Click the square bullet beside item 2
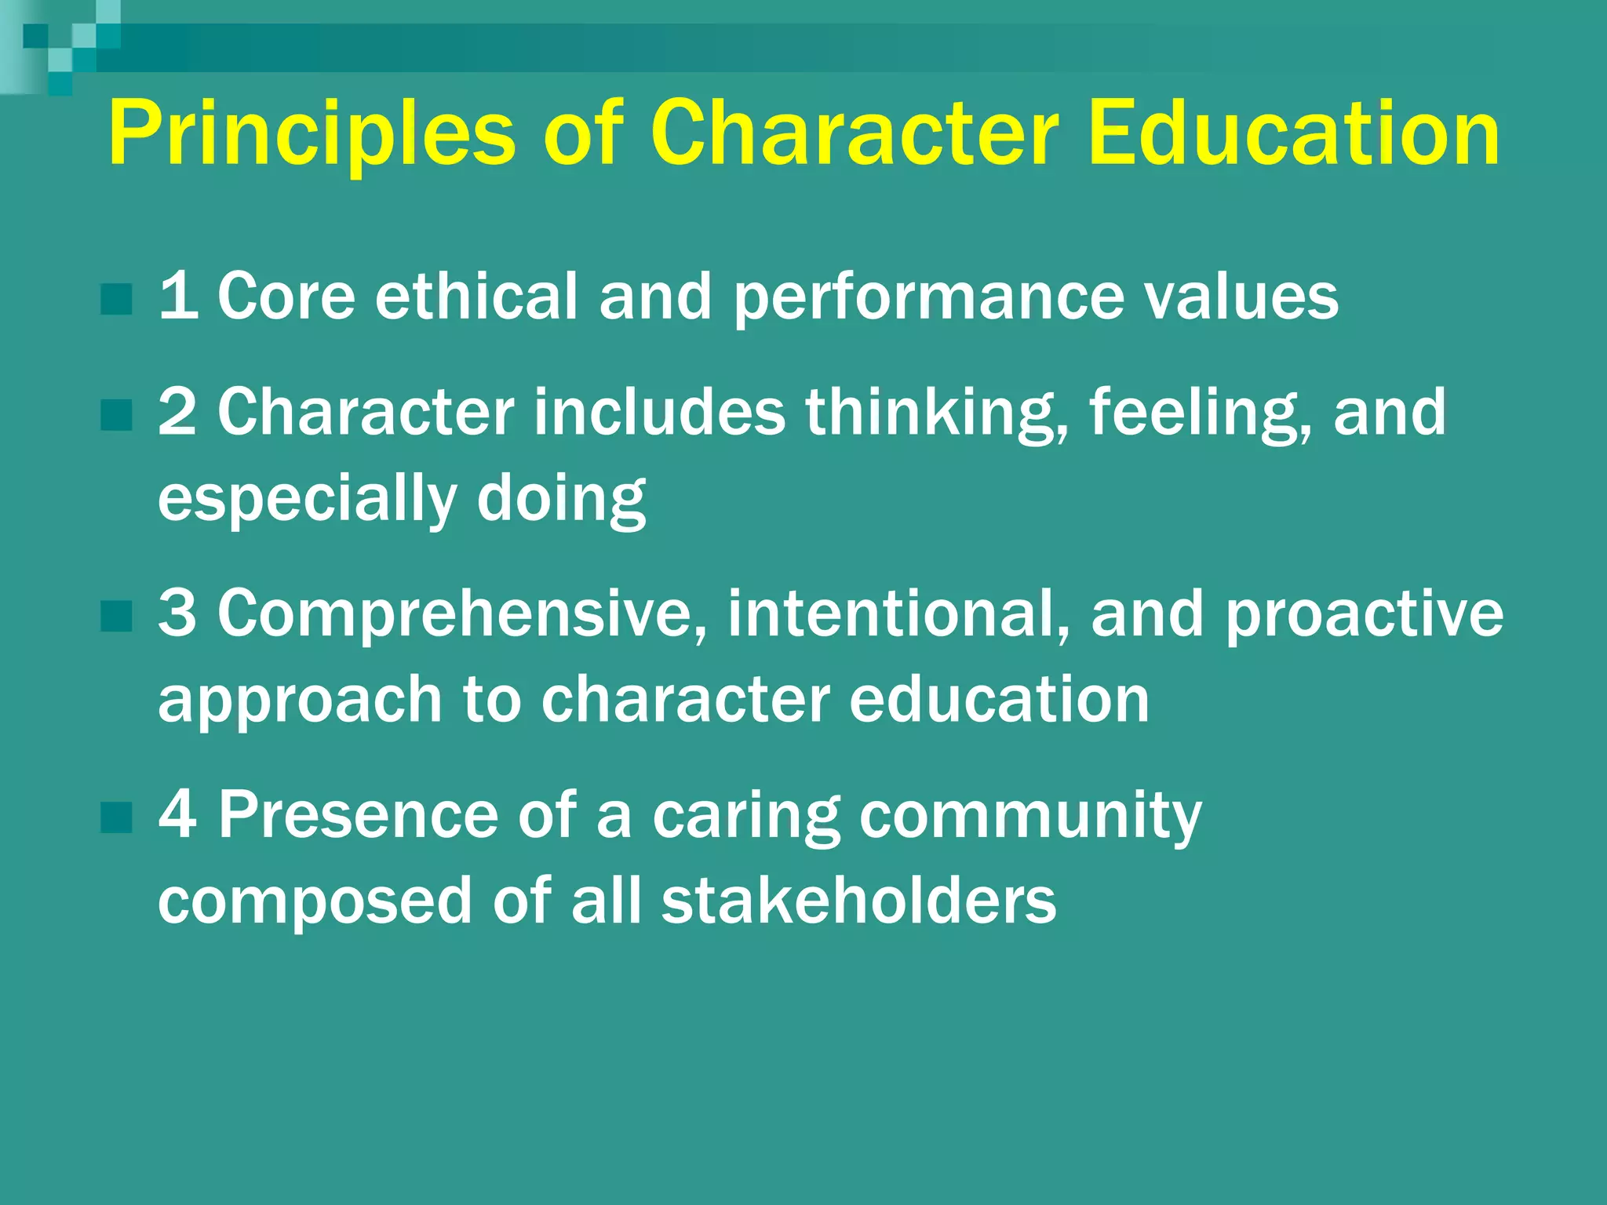tap(116, 414)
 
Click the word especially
tap(307, 500)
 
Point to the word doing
tap(561, 500)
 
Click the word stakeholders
tap(858, 901)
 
